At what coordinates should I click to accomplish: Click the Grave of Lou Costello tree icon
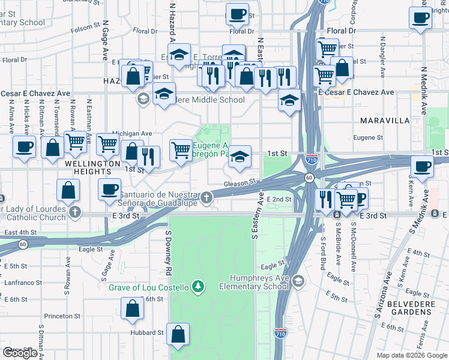[x=197, y=287]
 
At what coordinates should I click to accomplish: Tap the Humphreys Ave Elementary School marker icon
[x=298, y=282]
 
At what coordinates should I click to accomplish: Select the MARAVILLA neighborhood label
[x=384, y=121]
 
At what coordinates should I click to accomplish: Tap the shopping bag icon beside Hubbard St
[x=178, y=336]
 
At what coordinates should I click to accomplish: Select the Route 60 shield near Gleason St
[x=308, y=178]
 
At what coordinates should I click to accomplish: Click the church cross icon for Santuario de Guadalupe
[x=206, y=197]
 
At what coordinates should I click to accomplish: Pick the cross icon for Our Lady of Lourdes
[x=74, y=212]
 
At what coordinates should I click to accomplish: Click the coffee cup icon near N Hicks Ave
[x=25, y=146]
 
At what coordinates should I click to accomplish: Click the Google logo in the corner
[x=20, y=352]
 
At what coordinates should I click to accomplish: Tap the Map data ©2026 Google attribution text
[x=411, y=355]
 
